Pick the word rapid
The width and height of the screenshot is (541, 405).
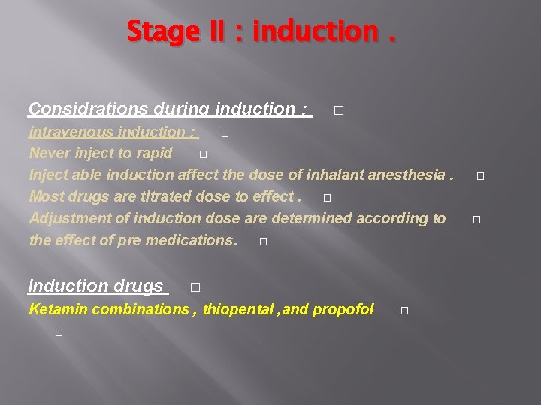[153, 154]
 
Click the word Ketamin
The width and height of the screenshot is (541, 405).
[53, 309]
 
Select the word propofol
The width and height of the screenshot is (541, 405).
[343, 309]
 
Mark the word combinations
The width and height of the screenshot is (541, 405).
[136, 309]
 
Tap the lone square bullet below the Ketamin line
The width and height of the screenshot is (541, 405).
[58, 331]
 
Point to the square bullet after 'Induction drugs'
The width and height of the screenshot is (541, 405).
[195, 287]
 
